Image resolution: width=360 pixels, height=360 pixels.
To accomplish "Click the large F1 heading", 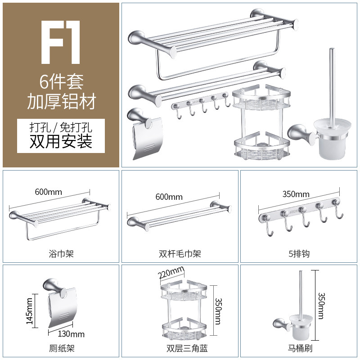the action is pos(61,42).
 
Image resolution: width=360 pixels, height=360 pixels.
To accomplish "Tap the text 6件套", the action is pos(61,82).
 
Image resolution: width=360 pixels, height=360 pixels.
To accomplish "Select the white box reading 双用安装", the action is pos(61,136).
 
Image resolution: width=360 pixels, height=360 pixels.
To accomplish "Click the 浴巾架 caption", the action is pos(61,254).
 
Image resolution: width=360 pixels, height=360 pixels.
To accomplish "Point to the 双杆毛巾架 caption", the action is pos(180,254).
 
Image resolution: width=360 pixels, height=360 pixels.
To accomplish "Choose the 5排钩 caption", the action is pos(299,254).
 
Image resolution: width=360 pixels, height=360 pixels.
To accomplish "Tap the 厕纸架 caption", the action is pos(62,348).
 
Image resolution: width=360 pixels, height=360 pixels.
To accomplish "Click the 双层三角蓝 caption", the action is pos(187,348).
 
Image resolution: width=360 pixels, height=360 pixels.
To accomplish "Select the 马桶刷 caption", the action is pos(300,348).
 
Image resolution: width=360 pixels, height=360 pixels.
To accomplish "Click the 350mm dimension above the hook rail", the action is pos(296,194).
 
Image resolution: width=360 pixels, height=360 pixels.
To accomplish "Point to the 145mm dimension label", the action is pos(29,311).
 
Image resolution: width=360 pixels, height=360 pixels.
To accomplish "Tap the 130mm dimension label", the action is pos(71,334).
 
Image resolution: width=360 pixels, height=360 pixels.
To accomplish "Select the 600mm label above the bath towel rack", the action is pos(49,192).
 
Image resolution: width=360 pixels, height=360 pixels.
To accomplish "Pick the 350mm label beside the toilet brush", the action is pos(321,306).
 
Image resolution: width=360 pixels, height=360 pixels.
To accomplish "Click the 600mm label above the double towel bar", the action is pos(169,197).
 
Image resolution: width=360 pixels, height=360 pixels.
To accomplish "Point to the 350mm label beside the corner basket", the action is pos(218,311).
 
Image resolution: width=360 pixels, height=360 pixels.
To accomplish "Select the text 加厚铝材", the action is pos(61,101).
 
